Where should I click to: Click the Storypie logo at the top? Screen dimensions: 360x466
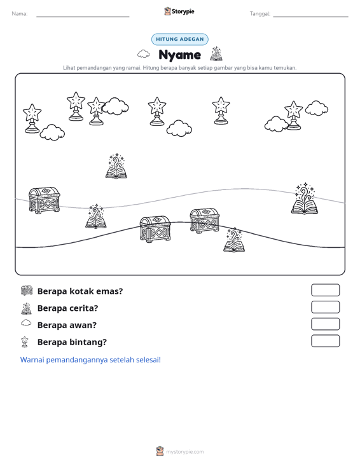point(179,11)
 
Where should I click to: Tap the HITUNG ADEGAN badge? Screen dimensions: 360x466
point(180,39)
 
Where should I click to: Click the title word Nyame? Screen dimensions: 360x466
point(180,55)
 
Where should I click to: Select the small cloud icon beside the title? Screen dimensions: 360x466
point(144,54)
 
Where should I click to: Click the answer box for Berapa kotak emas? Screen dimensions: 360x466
point(326,290)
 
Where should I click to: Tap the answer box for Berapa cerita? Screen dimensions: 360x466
point(326,307)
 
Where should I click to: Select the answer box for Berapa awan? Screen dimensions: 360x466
point(326,324)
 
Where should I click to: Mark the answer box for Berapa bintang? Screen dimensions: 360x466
point(326,341)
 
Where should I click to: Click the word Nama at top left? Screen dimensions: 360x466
point(20,14)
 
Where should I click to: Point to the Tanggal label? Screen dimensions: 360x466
point(260,14)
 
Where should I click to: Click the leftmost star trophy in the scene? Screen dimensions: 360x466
point(32,118)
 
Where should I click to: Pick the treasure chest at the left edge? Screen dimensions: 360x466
point(45,200)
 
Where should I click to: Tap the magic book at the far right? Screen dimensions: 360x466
point(305,198)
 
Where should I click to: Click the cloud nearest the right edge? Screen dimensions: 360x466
point(317,108)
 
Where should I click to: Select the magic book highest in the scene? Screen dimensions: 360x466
point(116,166)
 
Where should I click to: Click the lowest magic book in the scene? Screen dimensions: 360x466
point(234,240)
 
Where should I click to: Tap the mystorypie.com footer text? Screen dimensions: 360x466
point(185,452)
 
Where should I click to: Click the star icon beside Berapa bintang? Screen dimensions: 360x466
point(25,342)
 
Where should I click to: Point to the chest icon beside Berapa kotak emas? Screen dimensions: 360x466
point(27,291)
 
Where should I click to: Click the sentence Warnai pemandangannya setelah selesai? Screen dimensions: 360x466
point(90,360)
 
